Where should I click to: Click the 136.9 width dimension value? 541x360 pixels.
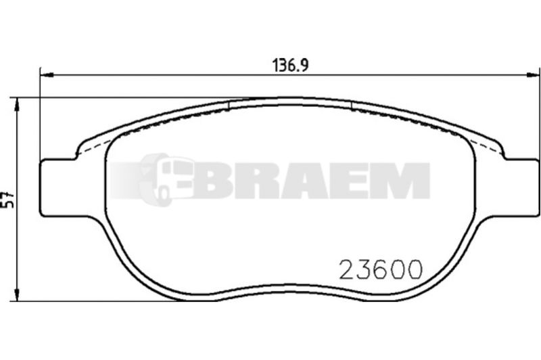(x=291, y=65)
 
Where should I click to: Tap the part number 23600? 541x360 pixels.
(x=381, y=269)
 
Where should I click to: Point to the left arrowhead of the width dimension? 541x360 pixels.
(x=47, y=74)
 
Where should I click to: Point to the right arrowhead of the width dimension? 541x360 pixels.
(x=533, y=74)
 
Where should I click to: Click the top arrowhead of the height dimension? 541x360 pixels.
(x=16, y=104)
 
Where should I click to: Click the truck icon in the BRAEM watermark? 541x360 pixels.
(x=166, y=179)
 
